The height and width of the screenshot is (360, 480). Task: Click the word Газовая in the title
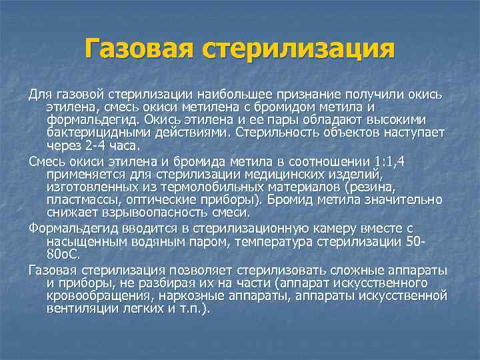137,49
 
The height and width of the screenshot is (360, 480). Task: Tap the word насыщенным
89,241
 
